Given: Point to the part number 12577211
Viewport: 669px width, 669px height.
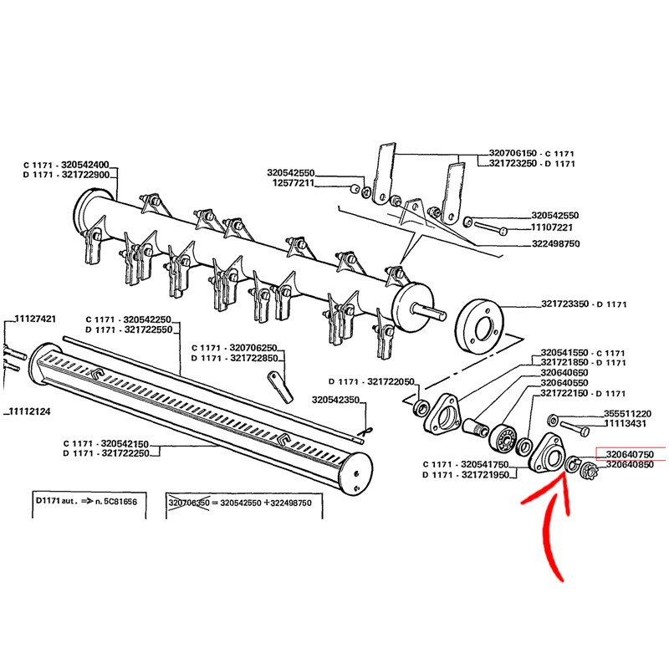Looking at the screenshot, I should point(291,183).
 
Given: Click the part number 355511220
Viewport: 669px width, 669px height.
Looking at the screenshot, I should point(627,414).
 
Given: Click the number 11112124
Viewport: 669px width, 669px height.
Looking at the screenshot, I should point(32,411).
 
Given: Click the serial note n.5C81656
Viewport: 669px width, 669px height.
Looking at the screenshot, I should point(112,499).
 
